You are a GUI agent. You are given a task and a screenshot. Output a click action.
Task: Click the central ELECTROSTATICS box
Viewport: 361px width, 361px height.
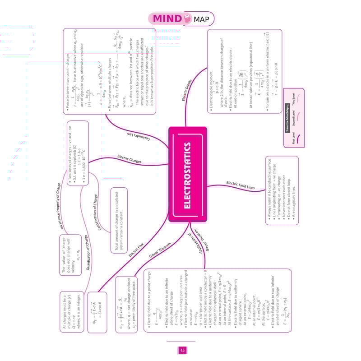188,174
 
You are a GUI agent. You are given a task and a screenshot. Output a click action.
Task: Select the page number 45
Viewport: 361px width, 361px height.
182,350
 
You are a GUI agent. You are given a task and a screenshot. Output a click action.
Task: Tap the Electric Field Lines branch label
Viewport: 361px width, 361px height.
241,185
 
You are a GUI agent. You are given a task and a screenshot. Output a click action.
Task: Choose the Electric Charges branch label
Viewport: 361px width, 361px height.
129,159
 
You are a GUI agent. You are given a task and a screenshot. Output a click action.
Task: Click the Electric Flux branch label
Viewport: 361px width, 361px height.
136,250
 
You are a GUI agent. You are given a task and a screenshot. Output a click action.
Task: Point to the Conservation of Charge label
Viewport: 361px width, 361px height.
98,212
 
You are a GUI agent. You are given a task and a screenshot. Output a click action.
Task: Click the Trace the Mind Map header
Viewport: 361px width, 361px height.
287,116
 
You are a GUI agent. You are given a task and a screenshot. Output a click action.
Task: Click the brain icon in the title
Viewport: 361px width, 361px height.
186,18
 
